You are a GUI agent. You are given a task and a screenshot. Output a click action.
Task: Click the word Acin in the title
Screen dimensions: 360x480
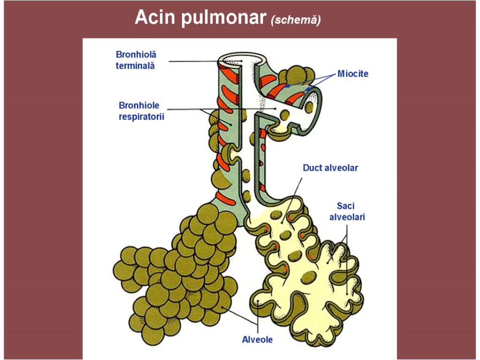pyautogui.click(x=154, y=18)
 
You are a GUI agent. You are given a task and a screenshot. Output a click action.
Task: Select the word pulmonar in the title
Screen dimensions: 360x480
pyautogui.click(x=221, y=19)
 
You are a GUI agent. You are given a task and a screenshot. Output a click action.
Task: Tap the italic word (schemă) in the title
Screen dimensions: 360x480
pyautogui.click(x=295, y=20)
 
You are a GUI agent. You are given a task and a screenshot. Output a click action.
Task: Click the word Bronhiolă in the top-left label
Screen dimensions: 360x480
pyautogui.click(x=136, y=55)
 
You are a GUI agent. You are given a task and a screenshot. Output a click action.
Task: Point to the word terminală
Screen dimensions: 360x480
pyautogui.click(x=135, y=66)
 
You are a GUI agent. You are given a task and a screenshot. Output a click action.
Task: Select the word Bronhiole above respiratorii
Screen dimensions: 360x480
pyautogui.click(x=139, y=105)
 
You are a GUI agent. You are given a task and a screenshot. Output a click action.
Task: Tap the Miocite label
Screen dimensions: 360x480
pyautogui.click(x=353, y=74)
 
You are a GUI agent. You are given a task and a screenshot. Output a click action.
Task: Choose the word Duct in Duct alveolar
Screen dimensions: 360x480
pyautogui.click(x=313, y=167)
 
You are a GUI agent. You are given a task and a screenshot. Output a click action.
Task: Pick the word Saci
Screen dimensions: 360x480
pyautogui.click(x=346, y=206)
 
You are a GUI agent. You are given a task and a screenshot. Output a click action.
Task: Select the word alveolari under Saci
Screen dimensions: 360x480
pyautogui.click(x=347, y=217)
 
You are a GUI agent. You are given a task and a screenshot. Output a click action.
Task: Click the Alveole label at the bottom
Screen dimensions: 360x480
pyautogui.click(x=257, y=339)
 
